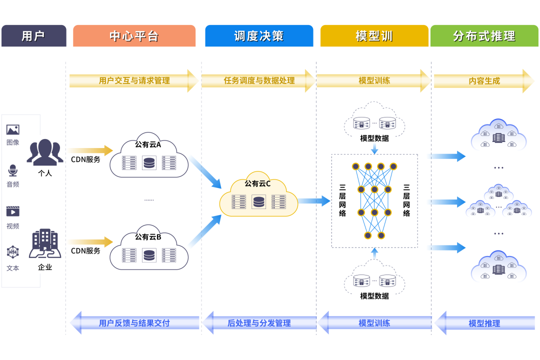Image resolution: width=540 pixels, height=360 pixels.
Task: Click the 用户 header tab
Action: [33, 36]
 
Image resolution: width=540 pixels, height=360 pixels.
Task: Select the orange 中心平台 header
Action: [134, 36]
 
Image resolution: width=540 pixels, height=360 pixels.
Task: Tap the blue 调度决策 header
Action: [259, 36]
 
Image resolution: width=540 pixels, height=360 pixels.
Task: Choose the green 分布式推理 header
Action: [484, 36]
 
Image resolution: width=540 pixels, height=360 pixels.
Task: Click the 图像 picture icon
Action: [12, 130]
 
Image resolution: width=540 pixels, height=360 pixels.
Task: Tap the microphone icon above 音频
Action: [12, 171]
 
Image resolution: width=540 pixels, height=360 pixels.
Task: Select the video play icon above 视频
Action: [12, 211]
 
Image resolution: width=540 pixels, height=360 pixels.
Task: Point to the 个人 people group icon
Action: [45, 152]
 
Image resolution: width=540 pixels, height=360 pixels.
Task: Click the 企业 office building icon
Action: [45, 243]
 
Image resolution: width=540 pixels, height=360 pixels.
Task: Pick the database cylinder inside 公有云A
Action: [149, 163]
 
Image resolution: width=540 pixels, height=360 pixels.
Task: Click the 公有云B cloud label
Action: [148, 237]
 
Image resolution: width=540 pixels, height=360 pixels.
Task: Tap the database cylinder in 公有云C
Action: [258, 202]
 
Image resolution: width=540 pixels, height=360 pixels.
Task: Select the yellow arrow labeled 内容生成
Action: [483, 80]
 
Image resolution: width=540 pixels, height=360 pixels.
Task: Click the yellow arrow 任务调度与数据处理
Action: [258, 80]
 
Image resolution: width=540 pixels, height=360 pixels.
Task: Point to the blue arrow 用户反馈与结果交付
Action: [134, 323]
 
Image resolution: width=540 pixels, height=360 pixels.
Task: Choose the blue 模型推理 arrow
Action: [483, 323]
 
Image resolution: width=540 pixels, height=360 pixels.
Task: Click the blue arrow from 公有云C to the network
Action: [314, 201]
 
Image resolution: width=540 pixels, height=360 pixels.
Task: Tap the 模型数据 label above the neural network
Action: [374, 138]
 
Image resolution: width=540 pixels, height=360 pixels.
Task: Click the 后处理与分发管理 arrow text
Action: [258, 323]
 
